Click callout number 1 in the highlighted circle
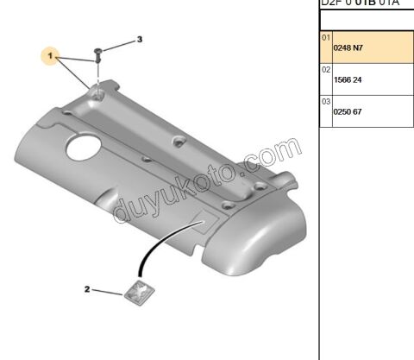51,57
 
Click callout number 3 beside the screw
140,40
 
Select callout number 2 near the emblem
87,289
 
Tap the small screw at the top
99,54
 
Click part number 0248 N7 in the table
348,48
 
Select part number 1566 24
348,79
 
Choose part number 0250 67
348,111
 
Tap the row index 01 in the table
326,38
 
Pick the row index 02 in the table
326,69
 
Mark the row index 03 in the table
326,101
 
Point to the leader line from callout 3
119,44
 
